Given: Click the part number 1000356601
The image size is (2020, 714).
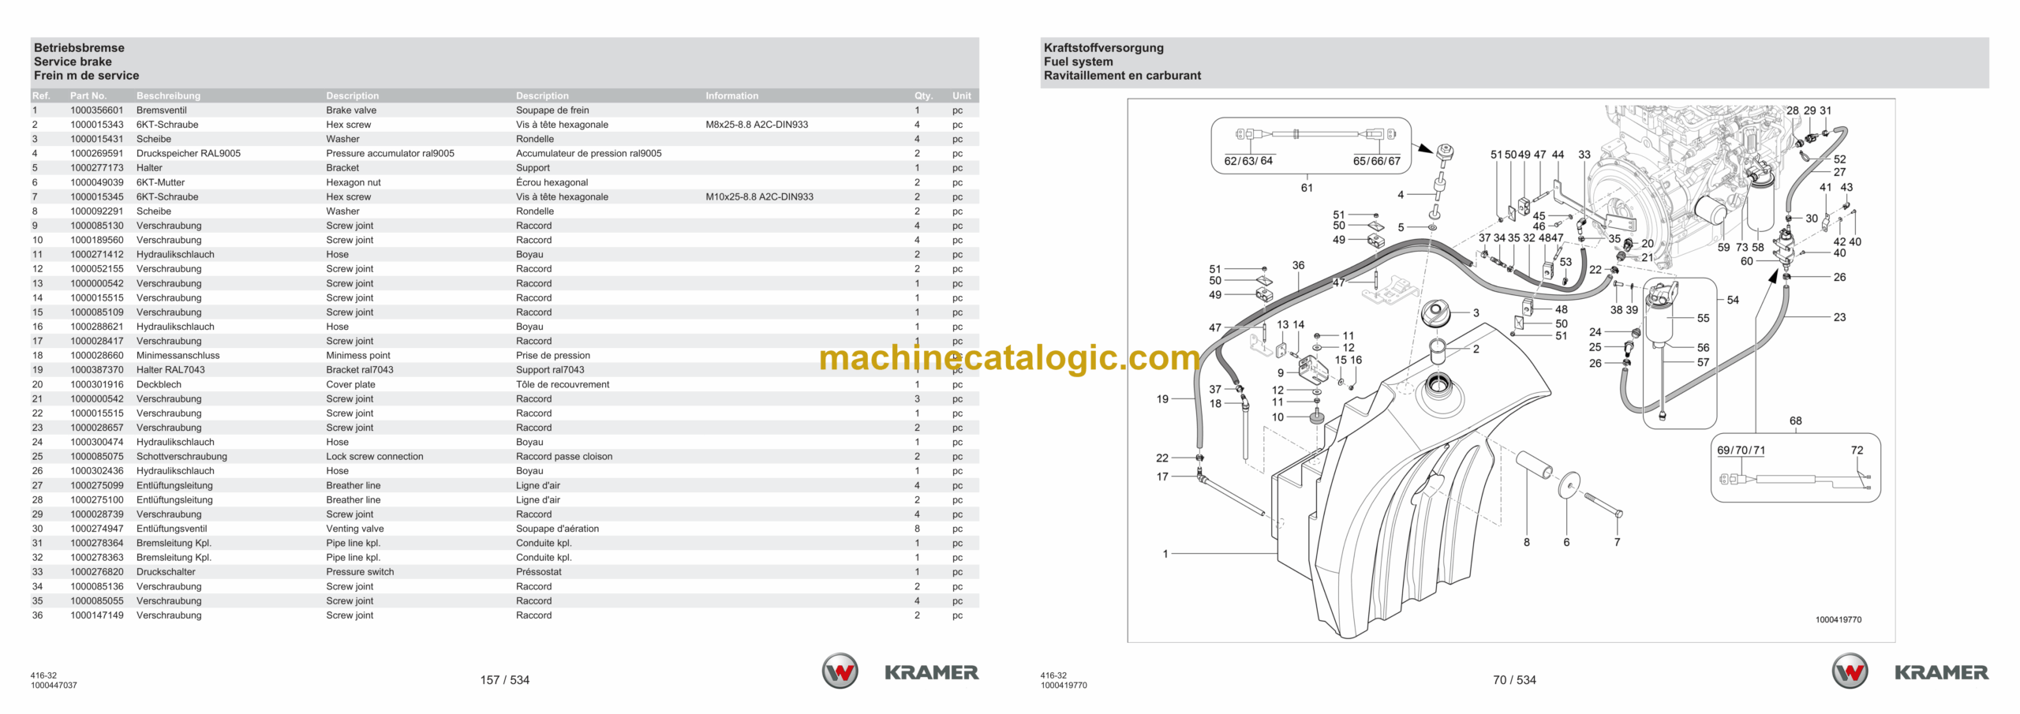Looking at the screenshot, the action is tap(97, 110).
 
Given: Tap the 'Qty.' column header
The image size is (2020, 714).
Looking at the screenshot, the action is tap(923, 96).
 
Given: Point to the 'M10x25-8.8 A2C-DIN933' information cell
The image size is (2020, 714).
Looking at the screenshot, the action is tap(759, 197).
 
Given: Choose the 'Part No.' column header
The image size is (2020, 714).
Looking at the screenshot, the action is tap(88, 96).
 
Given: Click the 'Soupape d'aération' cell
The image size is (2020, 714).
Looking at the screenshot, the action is tap(557, 529).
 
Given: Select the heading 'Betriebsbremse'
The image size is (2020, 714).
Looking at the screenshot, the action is tap(79, 48).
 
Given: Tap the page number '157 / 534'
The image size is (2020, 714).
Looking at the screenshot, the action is tap(505, 680).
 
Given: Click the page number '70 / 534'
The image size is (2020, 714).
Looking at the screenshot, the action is tap(1514, 680).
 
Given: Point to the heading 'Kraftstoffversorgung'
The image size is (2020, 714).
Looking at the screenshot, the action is tap(1103, 48).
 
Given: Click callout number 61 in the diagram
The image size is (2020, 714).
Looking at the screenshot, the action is tap(1307, 188).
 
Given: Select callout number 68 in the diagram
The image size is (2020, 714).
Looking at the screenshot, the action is tap(1795, 421).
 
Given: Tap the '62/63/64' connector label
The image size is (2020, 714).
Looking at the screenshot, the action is tap(1248, 161).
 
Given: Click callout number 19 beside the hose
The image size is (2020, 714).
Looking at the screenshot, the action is tap(1162, 399).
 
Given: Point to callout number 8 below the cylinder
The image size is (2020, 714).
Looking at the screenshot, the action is tap(1527, 542).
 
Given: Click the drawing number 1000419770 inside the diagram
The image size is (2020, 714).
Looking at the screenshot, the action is tap(1839, 620).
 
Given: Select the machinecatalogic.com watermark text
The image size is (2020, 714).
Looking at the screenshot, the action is tap(1009, 358).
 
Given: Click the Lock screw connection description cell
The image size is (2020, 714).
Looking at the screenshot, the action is tap(375, 457).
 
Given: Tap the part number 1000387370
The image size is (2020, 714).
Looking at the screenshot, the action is tap(97, 370).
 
